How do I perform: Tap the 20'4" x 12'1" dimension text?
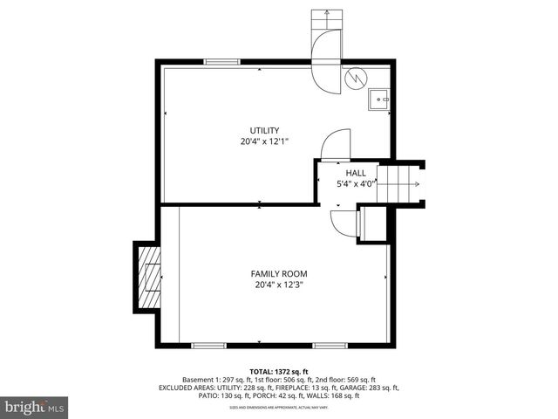point(265,141)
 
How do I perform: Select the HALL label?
point(355,173)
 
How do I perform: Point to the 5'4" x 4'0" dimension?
point(356,184)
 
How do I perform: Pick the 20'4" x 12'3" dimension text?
point(279,285)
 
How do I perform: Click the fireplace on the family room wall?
point(147,278)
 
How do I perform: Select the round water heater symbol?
point(355,78)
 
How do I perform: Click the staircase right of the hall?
point(402,184)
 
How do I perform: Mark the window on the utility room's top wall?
point(221,62)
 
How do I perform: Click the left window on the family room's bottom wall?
point(209,346)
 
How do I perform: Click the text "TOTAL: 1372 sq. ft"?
point(279,371)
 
